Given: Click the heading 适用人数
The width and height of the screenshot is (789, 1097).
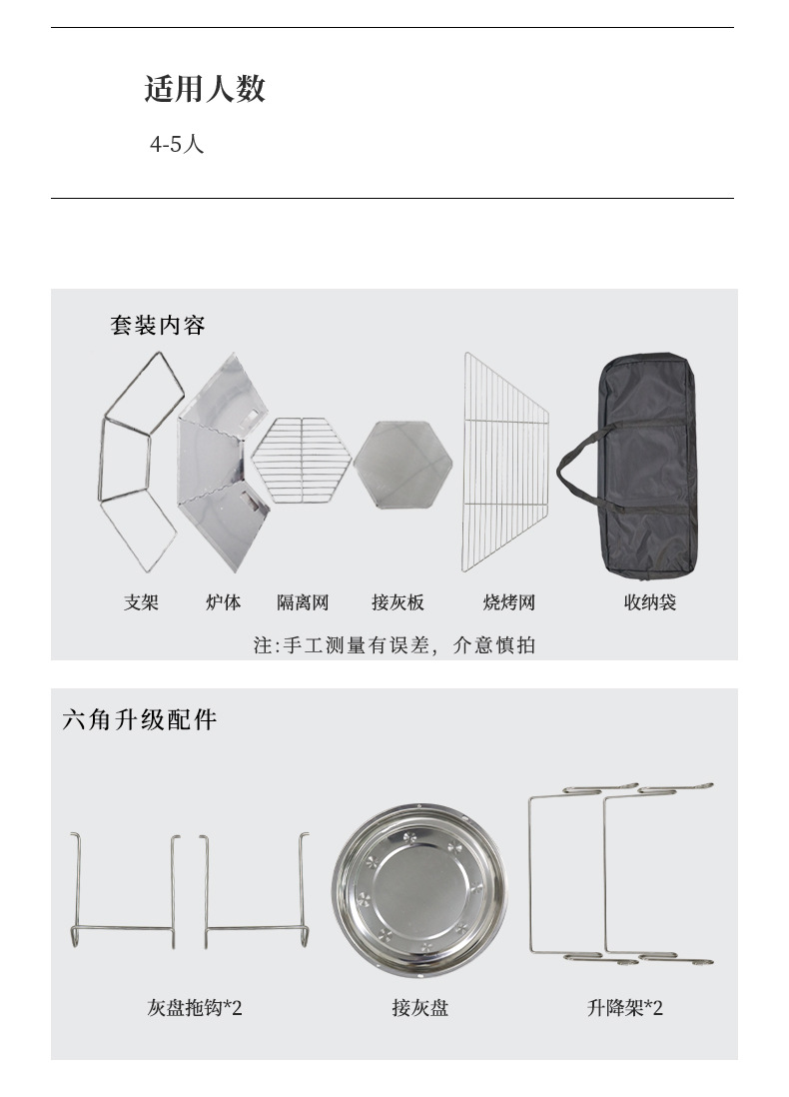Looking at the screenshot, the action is pos(205,89).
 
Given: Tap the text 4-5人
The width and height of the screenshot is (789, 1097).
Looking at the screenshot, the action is pos(176,144).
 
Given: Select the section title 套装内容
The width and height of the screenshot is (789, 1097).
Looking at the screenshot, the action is pos(158,326).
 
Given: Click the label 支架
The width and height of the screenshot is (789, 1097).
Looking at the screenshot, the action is pos(141,602).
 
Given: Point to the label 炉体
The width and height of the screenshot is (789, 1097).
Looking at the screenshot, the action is pos(223,602).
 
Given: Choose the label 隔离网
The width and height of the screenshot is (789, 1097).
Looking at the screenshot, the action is pos(303,602).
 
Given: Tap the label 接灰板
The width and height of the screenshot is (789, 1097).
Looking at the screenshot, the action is pos(398,602).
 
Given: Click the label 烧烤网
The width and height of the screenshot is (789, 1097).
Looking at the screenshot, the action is pos(509,602).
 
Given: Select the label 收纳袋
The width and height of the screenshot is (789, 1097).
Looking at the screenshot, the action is pos(650,602).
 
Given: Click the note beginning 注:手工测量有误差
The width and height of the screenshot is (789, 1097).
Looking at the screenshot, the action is pos(394,645).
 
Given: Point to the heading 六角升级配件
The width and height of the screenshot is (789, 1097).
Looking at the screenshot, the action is pos(140,720).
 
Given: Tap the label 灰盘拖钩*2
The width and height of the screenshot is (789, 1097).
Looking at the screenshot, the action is pos(195,1008).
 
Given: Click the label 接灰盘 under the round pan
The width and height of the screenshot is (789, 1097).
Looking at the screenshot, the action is pos(419,1008).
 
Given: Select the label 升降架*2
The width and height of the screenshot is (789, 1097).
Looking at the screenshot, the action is pos(624,1008).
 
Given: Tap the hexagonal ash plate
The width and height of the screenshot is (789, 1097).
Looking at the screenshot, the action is pos(402,464).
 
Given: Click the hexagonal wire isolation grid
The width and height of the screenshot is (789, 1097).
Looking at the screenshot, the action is pos(302,460).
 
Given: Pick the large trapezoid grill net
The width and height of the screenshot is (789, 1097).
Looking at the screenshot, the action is pos(505,462).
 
